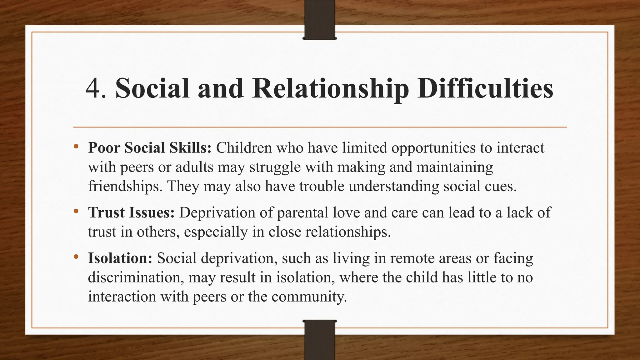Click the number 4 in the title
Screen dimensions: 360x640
click(93, 88)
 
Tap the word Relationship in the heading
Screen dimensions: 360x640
click(330, 88)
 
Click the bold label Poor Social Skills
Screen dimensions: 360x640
click(150, 148)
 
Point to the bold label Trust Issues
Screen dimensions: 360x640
click(131, 213)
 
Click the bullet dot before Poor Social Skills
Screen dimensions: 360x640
click(76, 146)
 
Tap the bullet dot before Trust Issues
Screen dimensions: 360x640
click(76, 211)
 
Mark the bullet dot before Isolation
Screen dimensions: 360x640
click(76, 257)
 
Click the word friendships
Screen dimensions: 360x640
click(125, 187)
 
